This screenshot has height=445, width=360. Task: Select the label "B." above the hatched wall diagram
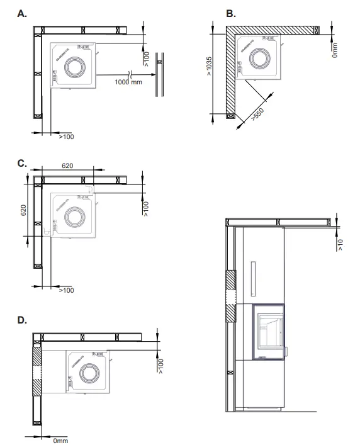(x=230, y=14)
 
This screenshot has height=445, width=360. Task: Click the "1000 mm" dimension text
(x=128, y=82)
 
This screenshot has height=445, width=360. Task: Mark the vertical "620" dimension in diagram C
(x=24, y=210)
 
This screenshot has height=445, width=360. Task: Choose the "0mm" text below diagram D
(x=60, y=441)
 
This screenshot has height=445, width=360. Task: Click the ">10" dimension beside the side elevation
(x=339, y=244)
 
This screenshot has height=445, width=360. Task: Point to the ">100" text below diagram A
(x=66, y=136)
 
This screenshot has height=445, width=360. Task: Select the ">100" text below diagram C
(x=66, y=290)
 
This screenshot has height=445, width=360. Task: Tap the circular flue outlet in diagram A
(x=77, y=65)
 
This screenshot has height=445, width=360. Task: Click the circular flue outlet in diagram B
(x=259, y=59)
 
